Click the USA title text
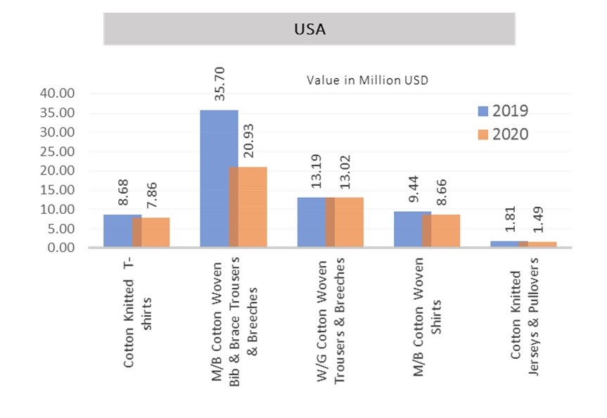[x=309, y=30]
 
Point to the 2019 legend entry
[x=503, y=111]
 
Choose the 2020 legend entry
[x=503, y=134]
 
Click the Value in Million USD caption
[x=367, y=80]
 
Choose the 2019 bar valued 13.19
[x=311, y=222]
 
